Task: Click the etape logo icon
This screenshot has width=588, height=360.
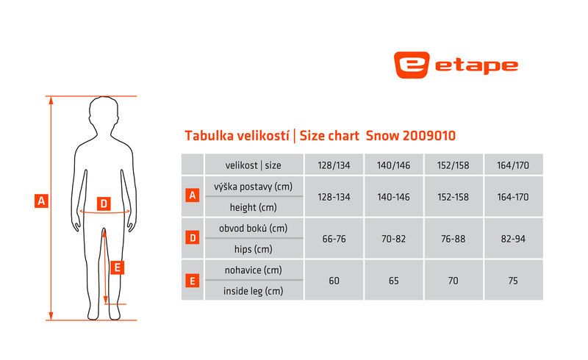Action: [x=412, y=65]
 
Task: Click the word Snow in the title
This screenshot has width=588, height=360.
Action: [x=382, y=135]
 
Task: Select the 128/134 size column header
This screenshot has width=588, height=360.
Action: [x=334, y=165]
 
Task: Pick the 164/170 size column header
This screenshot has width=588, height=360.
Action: [x=513, y=165]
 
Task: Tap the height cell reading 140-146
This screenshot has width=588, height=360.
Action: [x=393, y=197]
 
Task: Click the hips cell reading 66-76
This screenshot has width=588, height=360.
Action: [x=334, y=239]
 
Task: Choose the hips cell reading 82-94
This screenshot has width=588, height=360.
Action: [x=513, y=239]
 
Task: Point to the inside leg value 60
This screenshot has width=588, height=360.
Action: [x=334, y=281]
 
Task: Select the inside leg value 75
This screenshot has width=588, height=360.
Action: [x=513, y=281]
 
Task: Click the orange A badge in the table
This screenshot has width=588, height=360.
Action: [x=193, y=195]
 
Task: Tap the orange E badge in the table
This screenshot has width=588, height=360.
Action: [x=193, y=281]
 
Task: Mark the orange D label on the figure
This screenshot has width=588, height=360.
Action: [x=104, y=204]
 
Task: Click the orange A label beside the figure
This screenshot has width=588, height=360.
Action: [x=41, y=201]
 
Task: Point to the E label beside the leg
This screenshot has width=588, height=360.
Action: [x=117, y=267]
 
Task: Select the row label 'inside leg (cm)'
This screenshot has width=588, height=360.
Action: [x=253, y=291]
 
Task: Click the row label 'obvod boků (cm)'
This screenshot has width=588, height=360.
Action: [x=253, y=228]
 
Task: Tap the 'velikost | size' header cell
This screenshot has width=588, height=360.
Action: [x=253, y=165]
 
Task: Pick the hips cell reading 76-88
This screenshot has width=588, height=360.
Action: [x=453, y=239]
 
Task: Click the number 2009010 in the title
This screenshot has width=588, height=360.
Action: [x=429, y=135]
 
